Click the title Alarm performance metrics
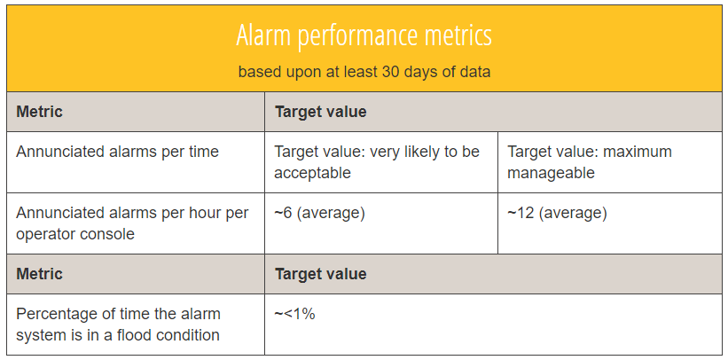pyautogui.click(x=364, y=36)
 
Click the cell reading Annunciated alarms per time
pyautogui.click(x=117, y=152)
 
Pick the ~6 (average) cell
pyautogui.click(x=319, y=213)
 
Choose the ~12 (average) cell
pyautogui.click(x=557, y=213)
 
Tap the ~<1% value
pyautogui.click(x=294, y=314)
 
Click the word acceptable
pyautogui.click(x=312, y=173)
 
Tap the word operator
pyautogui.click(x=46, y=234)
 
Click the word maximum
pyautogui.click(x=638, y=152)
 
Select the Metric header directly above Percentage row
pyautogui.click(x=39, y=273)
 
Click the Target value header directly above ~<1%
pyautogui.click(x=320, y=273)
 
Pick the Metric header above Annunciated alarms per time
pyautogui.click(x=39, y=112)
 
